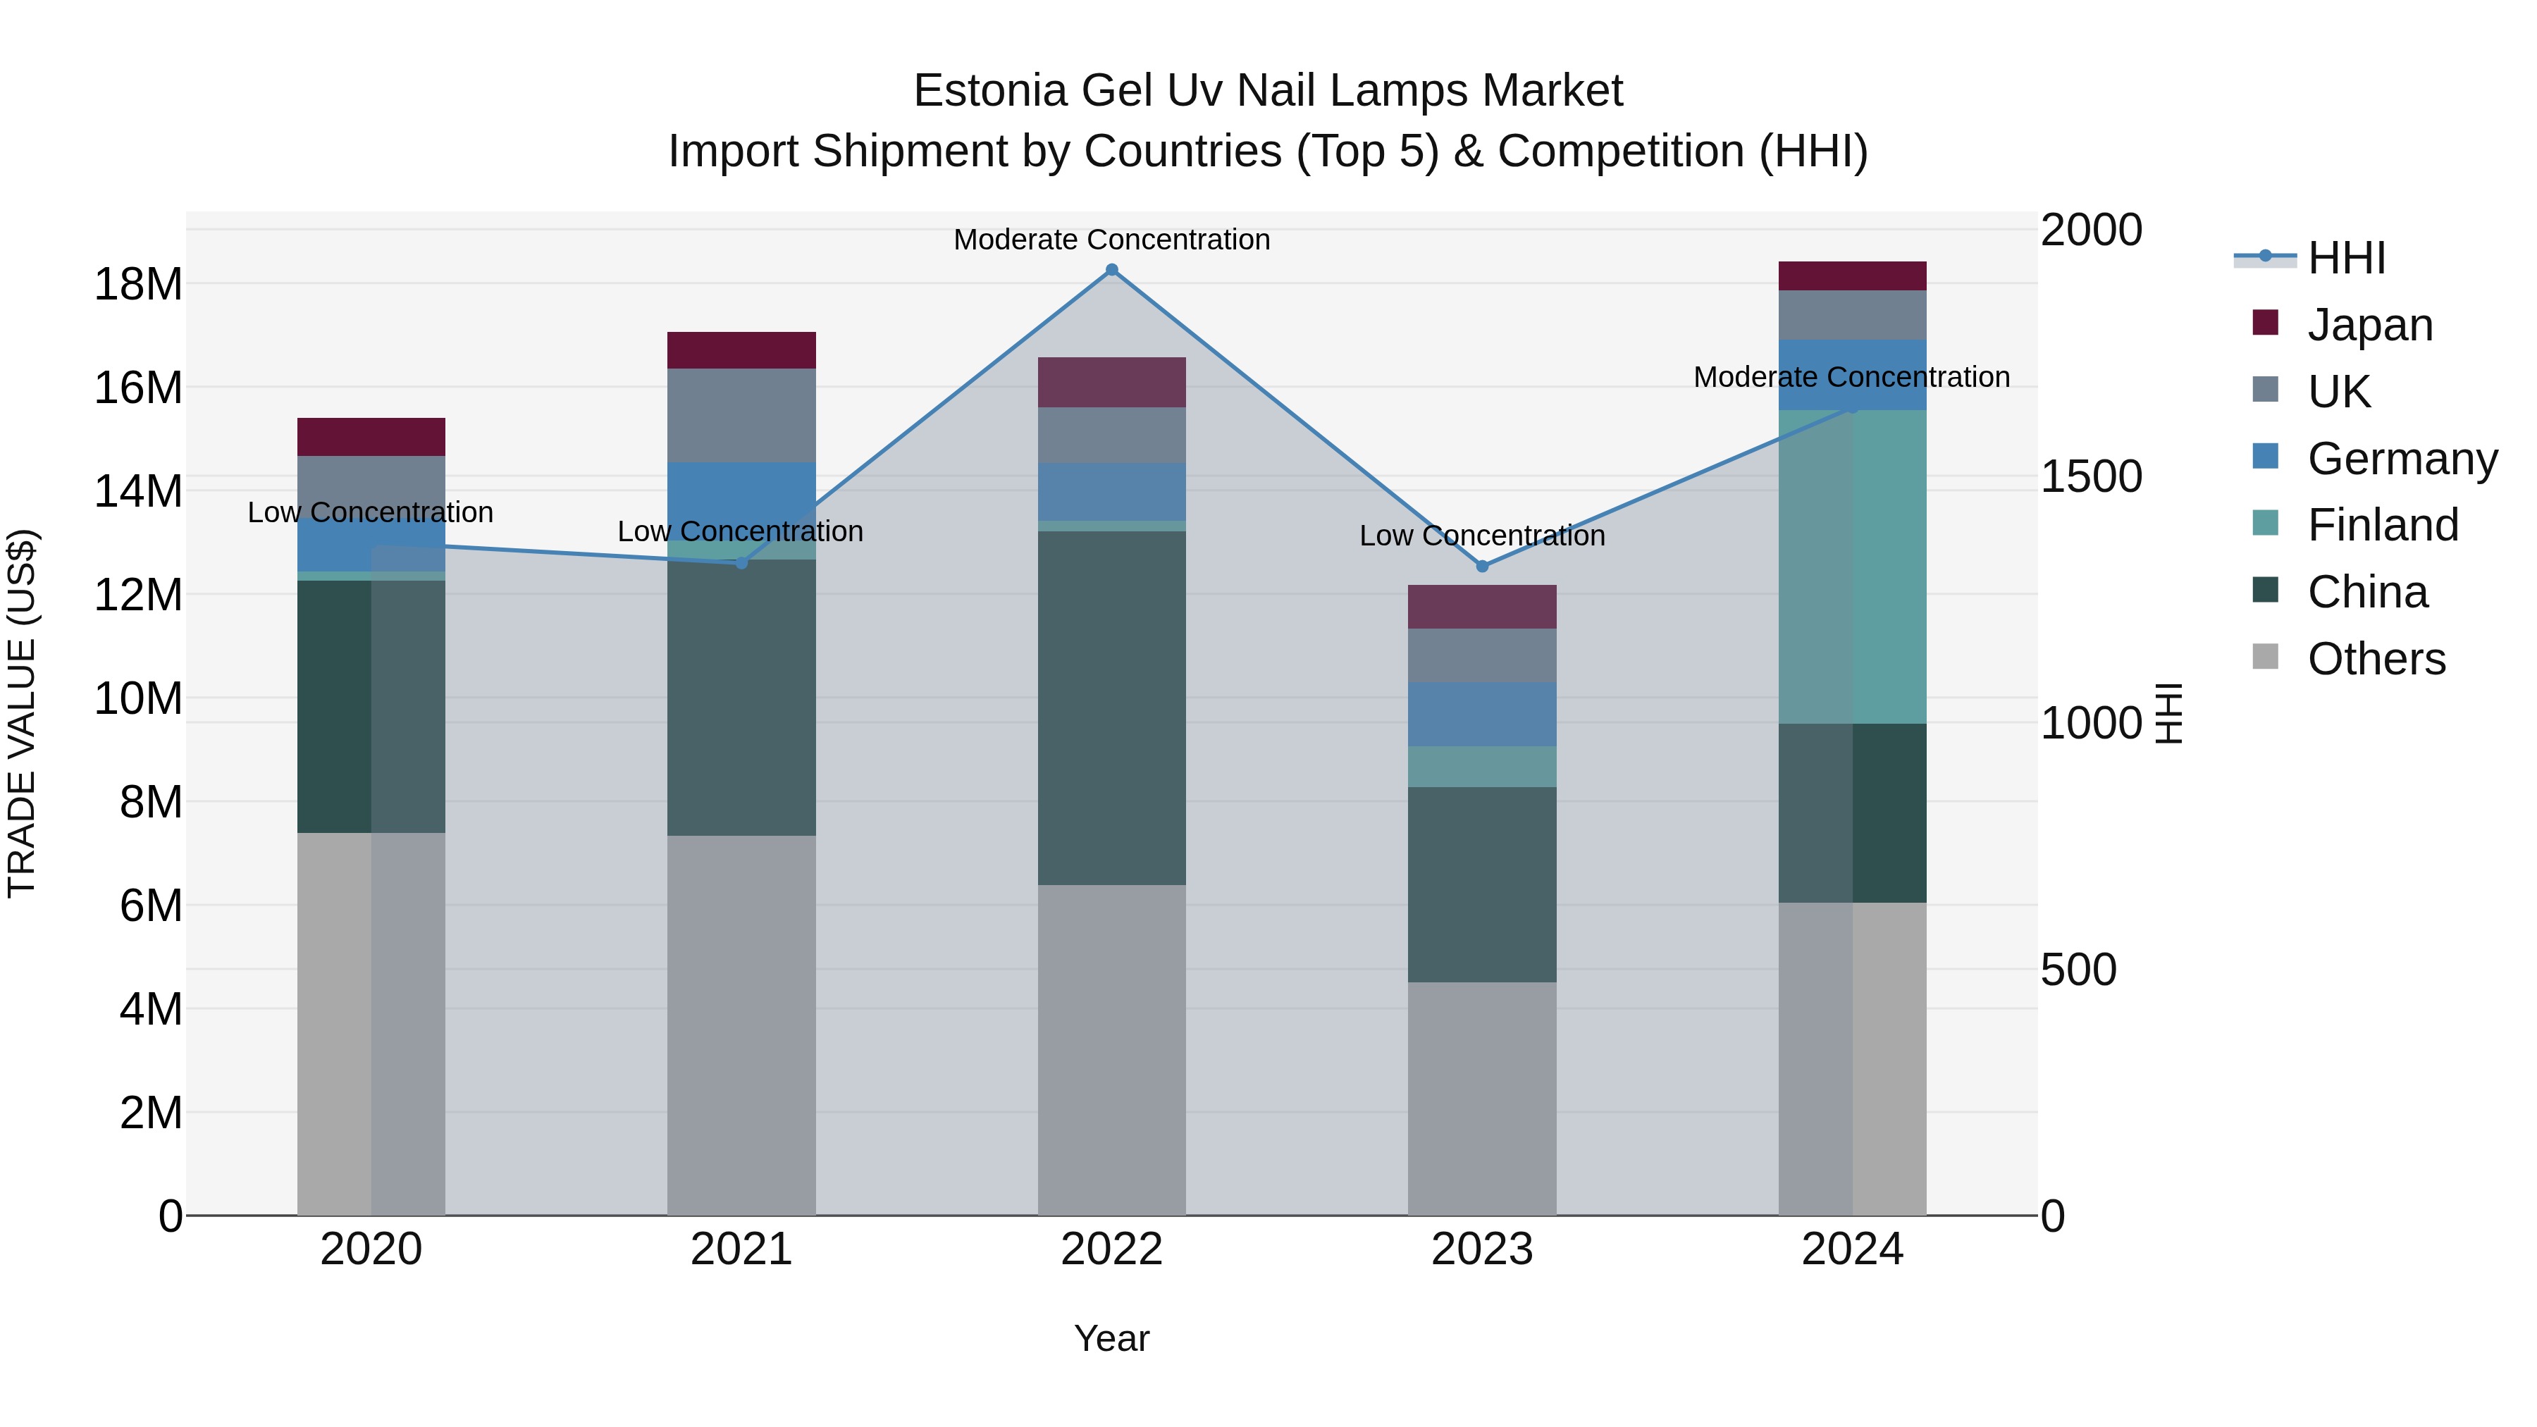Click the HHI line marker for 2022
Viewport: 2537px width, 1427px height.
point(1112,270)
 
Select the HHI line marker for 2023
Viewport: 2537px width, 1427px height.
point(1482,567)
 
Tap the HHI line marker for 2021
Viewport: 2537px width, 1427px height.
point(741,562)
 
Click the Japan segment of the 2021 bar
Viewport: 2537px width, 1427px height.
point(741,351)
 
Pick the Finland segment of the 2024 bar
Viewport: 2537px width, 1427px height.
point(1853,567)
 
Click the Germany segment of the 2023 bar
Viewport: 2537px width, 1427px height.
point(1482,714)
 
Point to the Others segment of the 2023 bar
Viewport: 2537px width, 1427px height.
point(1482,1098)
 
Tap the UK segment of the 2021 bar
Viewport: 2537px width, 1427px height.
point(741,416)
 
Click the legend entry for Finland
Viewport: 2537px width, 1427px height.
point(2383,525)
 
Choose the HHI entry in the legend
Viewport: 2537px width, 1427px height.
point(2346,258)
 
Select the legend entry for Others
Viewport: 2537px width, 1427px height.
point(2376,659)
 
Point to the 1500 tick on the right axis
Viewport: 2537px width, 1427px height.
point(2091,476)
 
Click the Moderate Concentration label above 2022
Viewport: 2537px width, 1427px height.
point(1112,240)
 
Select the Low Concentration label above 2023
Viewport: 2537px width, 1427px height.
point(1482,536)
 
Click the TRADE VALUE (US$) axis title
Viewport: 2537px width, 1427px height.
point(22,713)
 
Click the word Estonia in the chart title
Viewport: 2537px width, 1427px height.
point(990,91)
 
